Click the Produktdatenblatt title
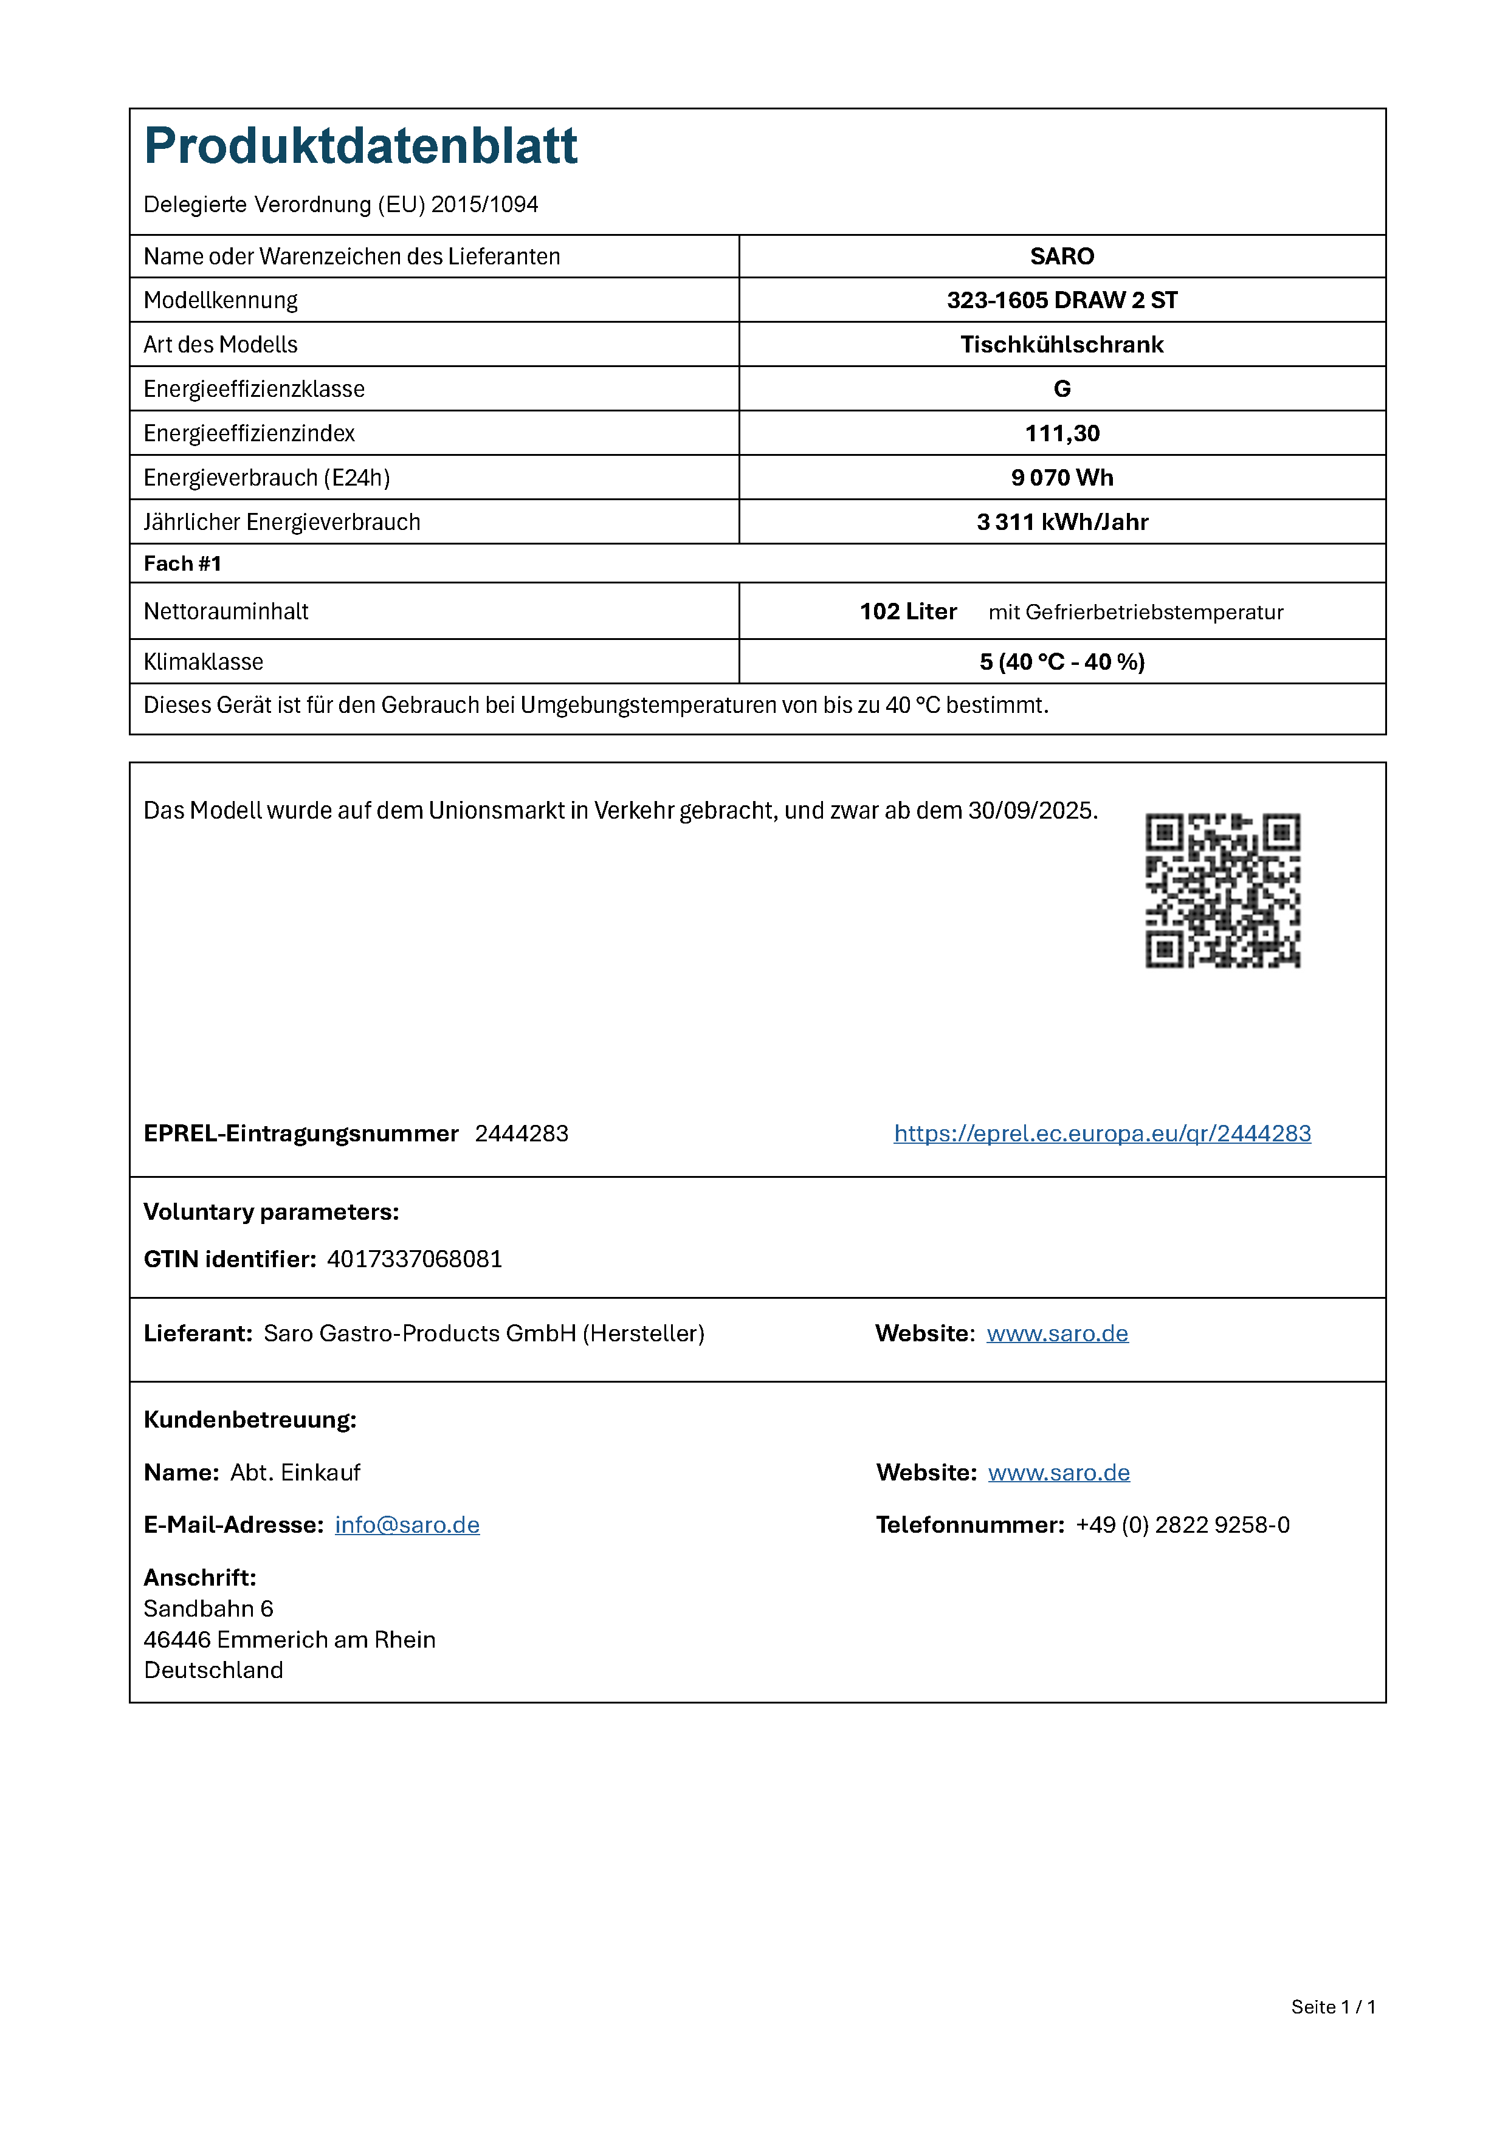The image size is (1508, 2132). [360, 146]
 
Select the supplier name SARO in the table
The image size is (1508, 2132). [1061, 256]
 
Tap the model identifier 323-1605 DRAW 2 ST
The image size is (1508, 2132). [1061, 300]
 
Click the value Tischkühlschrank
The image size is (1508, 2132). [1061, 345]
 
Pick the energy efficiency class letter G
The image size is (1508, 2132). [1061, 389]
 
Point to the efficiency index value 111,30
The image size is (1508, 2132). [1061, 434]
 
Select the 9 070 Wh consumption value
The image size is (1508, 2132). [1061, 477]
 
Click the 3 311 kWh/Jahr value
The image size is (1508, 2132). [1061, 522]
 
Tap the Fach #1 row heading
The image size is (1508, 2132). [182, 563]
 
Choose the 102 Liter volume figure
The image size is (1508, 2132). [907, 611]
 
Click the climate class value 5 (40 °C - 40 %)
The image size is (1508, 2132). [1061, 662]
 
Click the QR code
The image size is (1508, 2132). [1222, 890]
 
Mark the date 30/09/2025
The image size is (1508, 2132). [1031, 811]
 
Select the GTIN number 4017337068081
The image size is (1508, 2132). [414, 1259]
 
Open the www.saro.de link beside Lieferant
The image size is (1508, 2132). [1057, 1333]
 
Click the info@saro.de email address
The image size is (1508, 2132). [407, 1525]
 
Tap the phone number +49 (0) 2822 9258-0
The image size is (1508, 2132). [1182, 1525]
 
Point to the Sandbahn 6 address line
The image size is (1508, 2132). [208, 1608]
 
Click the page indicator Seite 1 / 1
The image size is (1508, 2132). [1332, 2007]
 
